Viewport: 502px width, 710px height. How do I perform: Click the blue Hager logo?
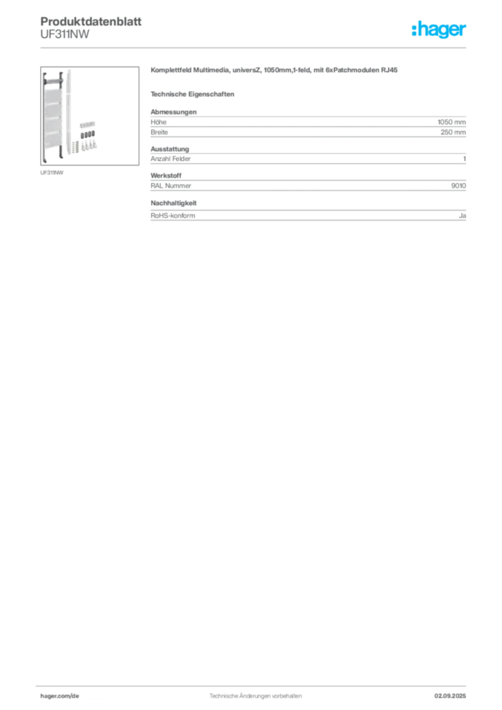440,30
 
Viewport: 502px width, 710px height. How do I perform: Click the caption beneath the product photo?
52,173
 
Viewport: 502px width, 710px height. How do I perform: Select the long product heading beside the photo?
274,72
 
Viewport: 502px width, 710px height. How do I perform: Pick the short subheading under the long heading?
194,94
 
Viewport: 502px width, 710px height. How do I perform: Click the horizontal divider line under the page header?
254,48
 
